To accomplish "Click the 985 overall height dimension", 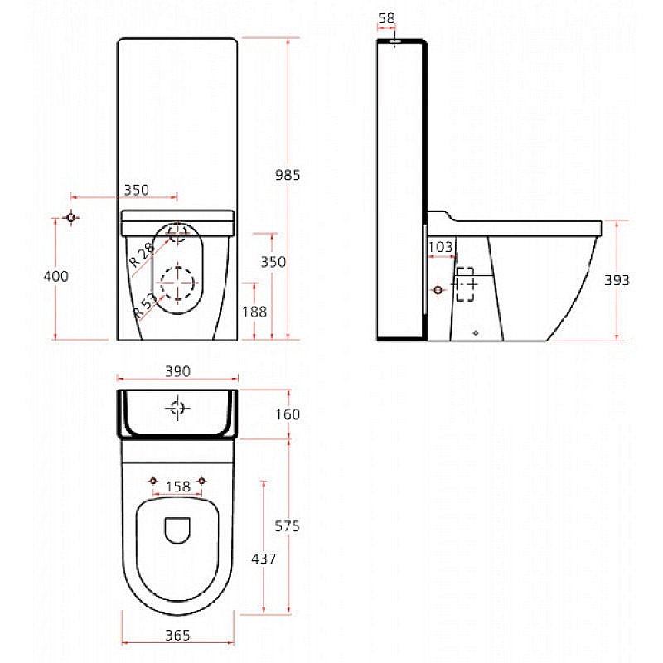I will (288, 174).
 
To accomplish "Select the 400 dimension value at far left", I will (56, 277).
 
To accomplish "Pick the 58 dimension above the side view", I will (386, 17).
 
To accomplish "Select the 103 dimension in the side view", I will (440, 246).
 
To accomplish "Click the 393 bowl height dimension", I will (617, 280).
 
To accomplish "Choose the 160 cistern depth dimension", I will (287, 414).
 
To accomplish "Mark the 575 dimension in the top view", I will (287, 525).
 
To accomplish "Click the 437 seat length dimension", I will (264, 559).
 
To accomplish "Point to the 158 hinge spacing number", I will (177, 486).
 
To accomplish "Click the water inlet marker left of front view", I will (71, 218).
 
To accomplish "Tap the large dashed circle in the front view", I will (177, 284).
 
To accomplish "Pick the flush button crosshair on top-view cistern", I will (177, 408).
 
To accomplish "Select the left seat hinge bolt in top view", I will (153, 481).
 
